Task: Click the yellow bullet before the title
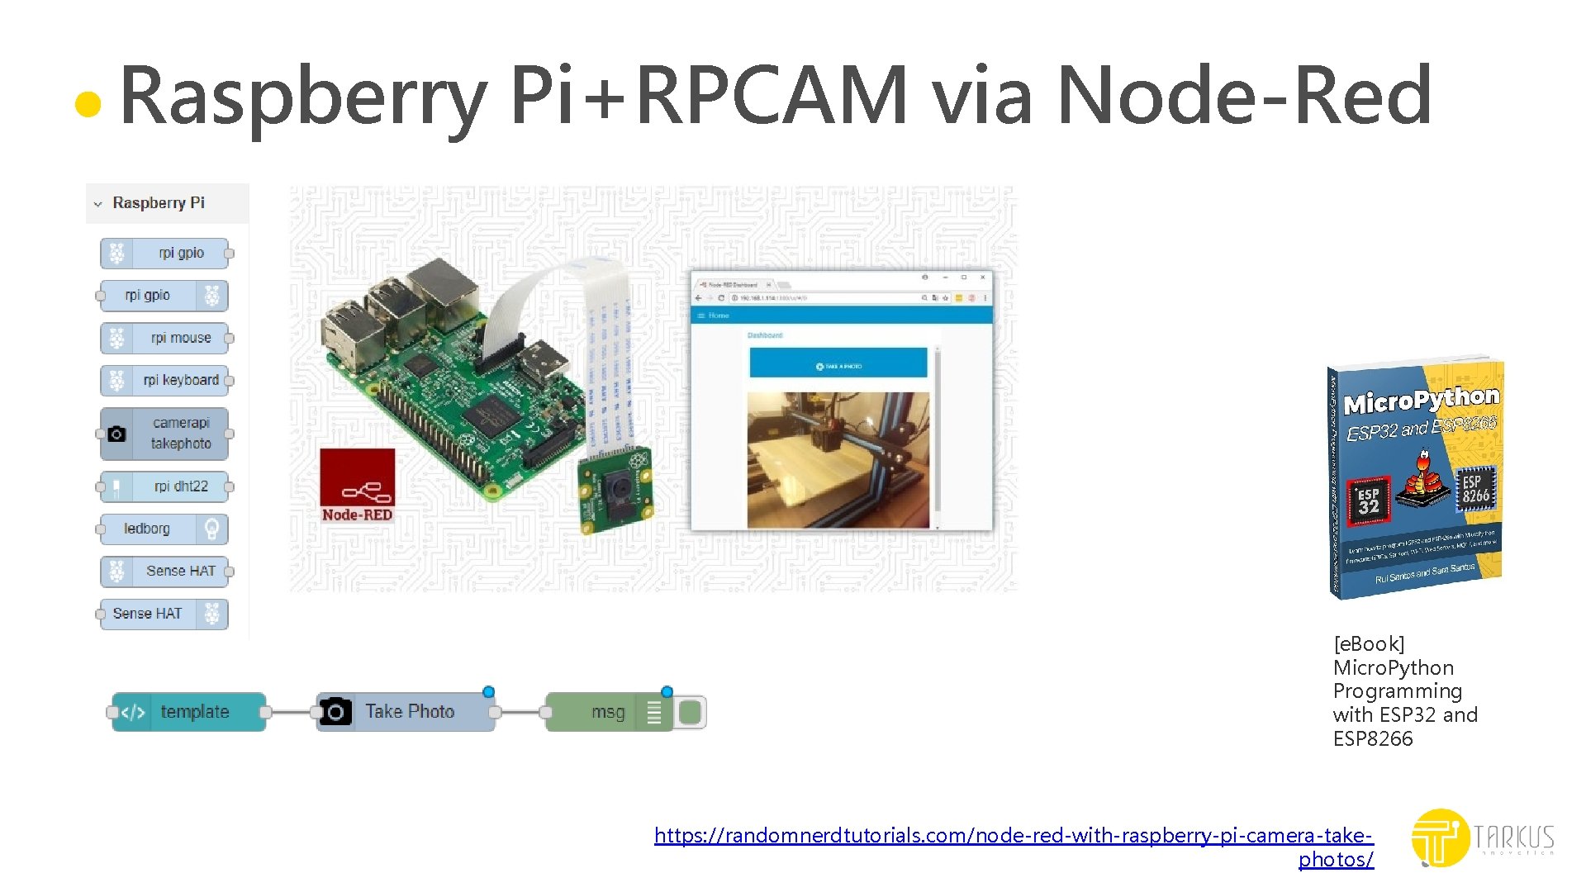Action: point(88,105)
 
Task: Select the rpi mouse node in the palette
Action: point(164,338)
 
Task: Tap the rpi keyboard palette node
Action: point(164,380)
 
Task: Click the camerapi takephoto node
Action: point(164,434)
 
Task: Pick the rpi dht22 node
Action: point(164,486)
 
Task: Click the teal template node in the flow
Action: point(189,712)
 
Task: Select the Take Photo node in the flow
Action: point(406,712)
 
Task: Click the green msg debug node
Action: point(595,712)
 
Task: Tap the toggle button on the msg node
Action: point(691,712)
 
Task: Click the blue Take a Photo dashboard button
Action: point(838,363)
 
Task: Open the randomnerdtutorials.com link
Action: point(1013,836)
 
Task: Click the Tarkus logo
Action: point(1482,837)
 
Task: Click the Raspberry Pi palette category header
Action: point(159,203)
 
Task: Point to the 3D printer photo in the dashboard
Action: point(838,459)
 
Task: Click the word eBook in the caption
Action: point(1369,644)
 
